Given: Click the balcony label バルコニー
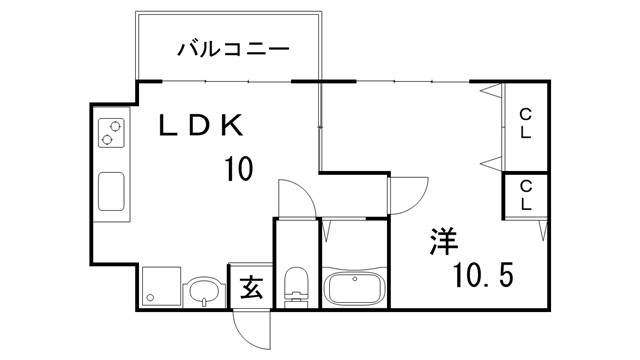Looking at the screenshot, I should pyautogui.click(x=233, y=47).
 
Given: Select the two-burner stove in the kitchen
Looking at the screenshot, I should pyautogui.click(x=113, y=133).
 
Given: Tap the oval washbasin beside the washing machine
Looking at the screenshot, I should pyautogui.click(x=204, y=291).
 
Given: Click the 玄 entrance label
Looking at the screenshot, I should pyautogui.click(x=251, y=289).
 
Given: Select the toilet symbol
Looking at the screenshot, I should pyautogui.click(x=296, y=286).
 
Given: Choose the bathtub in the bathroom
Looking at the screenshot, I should pyautogui.click(x=353, y=289).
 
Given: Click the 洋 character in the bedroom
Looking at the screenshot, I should pyautogui.click(x=444, y=243).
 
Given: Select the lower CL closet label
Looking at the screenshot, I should pyautogui.click(x=524, y=194).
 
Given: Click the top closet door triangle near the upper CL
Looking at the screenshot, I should pyautogui.click(x=490, y=93).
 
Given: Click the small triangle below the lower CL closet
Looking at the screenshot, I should pyautogui.click(x=542, y=232).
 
